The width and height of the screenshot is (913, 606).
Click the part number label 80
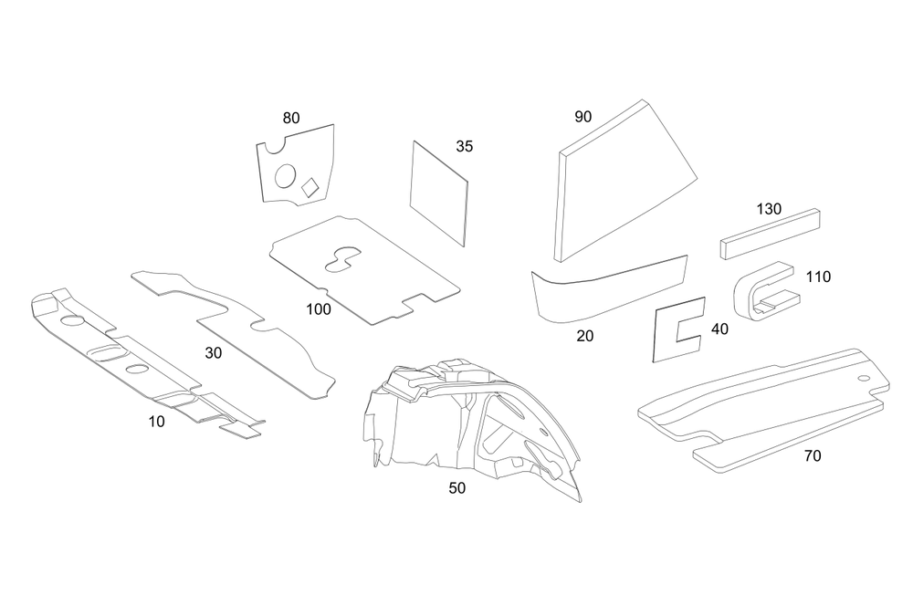pyautogui.click(x=291, y=118)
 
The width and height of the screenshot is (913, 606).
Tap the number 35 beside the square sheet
pyautogui.click(x=464, y=146)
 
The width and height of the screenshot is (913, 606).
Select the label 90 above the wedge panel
pyautogui.click(x=583, y=117)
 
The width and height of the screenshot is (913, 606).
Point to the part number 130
pyautogui.click(x=769, y=208)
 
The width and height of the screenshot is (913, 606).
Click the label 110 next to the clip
pyautogui.click(x=818, y=277)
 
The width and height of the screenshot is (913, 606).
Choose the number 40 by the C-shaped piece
pyautogui.click(x=719, y=329)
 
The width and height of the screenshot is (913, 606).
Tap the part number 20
pyautogui.click(x=585, y=336)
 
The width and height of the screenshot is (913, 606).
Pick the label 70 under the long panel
pyautogui.click(x=812, y=455)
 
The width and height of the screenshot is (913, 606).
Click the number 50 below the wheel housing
pyautogui.click(x=457, y=488)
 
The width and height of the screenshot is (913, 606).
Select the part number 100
pyautogui.click(x=319, y=309)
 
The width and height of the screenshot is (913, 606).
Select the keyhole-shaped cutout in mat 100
pyautogui.click(x=342, y=257)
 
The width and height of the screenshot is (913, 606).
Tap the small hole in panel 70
pyautogui.click(x=862, y=378)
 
